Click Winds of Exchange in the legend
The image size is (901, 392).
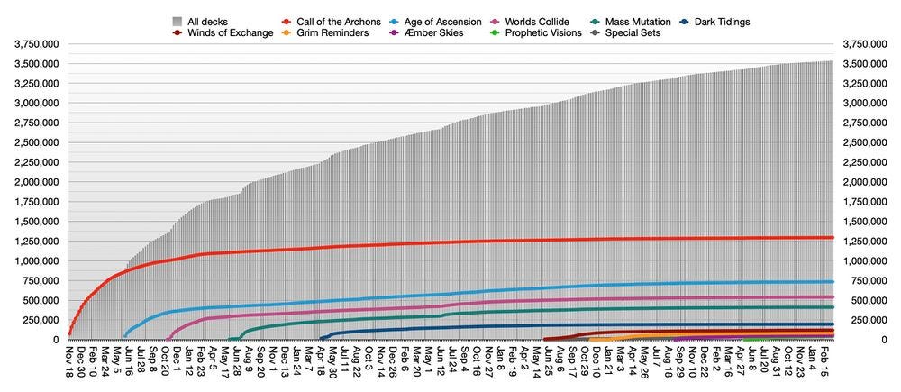pyautogui.click(x=230, y=33)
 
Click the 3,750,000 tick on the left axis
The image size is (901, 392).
pyautogui.click(x=31, y=44)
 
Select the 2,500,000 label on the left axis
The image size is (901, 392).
pyautogui.click(x=31, y=142)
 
